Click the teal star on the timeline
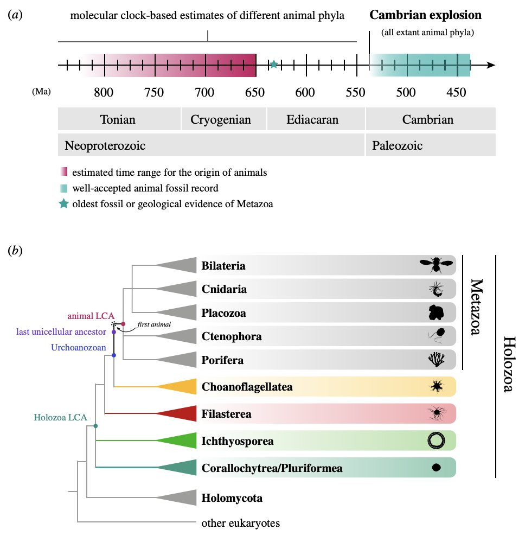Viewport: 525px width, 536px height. [274, 64]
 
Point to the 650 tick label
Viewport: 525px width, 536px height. [255, 92]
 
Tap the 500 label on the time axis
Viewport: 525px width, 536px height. [406, 92]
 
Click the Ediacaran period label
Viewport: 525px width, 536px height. [312, 119]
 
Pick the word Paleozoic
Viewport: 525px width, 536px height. [397, 145]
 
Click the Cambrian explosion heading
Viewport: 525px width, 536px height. [426, 15]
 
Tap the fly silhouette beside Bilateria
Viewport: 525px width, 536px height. [436, 265]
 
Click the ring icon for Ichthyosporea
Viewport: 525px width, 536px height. [437, 441]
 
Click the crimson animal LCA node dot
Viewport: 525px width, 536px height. [123, 324]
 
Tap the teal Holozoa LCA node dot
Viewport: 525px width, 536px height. [95, 426]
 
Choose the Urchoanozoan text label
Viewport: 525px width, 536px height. [79, 347]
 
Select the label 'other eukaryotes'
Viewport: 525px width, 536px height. [241, 523]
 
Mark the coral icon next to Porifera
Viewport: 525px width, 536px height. [437, 359]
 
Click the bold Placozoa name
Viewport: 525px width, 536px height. [223, 313]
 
